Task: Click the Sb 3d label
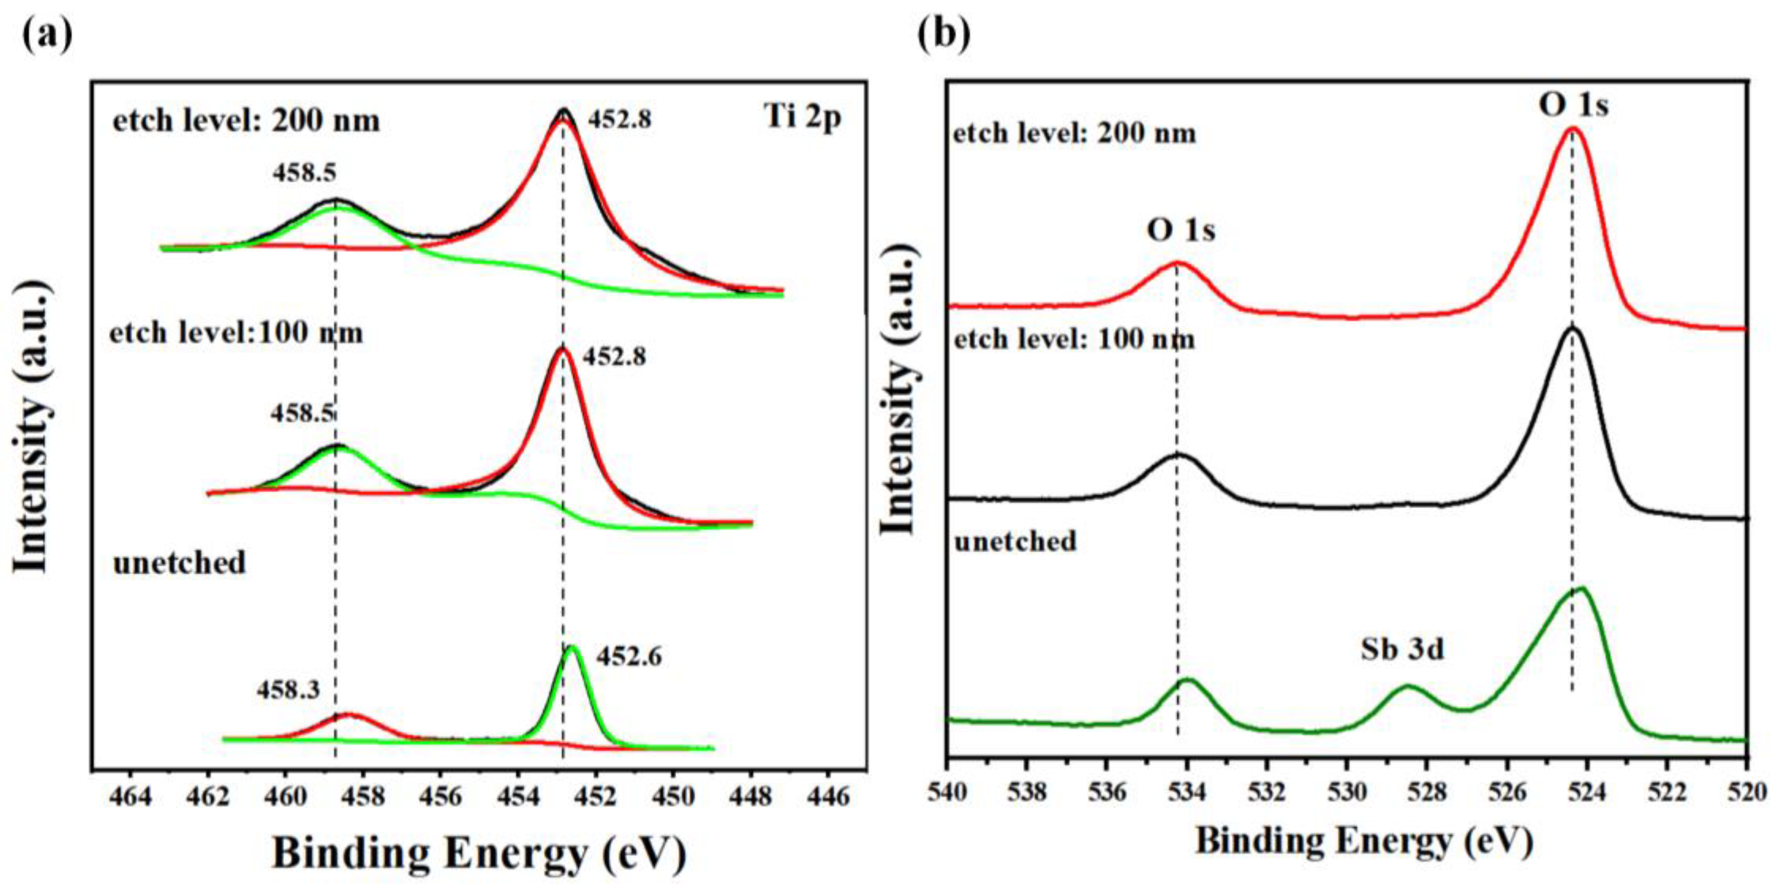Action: click(x=1402, y=650)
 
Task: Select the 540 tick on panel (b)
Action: click(x=948, y=791)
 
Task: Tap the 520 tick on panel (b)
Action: click(x=1748, y=791)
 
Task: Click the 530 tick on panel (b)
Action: click(x=1347, y=791)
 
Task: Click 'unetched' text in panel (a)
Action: click(x=180, y=563)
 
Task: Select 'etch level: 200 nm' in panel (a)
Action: click(x=246, y=121)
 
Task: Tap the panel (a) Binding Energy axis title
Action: click(x=479, y=853)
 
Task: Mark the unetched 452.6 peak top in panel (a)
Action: click(x=570, y=647)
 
